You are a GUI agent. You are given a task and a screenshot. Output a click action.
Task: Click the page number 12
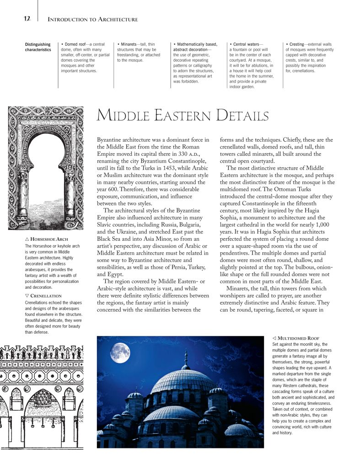click(x=27, y=19)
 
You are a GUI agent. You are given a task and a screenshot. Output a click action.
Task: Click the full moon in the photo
click(x=120, y=353)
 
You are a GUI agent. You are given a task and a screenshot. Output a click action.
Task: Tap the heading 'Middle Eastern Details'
click(x=183, y=116)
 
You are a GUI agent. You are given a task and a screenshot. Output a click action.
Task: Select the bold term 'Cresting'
click(x=296, y=44)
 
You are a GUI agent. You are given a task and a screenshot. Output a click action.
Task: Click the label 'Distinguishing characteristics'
click(x=38, y=47)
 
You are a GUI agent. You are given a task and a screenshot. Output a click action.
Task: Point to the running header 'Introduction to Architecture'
click(x=93, y=20)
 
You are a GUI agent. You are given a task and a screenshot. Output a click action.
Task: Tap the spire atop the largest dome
click(x=186, y=358)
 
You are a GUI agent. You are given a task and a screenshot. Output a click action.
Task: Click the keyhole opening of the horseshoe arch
click(x=46, y=174)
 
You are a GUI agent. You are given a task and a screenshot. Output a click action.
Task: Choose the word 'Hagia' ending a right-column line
click(x=324, y=211)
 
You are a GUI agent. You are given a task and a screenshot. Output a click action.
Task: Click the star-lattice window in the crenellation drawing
click(x=43, y=398)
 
